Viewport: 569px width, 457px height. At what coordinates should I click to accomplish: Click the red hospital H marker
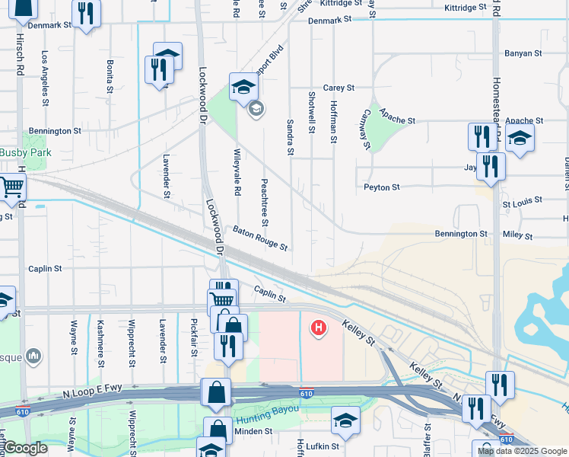[x=319, y=328]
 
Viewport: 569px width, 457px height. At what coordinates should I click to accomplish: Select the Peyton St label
[x=381, y=187]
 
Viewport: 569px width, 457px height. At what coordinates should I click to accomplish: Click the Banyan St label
[x=523, y=54]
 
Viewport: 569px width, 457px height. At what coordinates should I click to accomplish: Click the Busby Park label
[x=24, y=152]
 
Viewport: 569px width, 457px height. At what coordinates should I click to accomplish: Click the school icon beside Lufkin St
[x=345, y=423]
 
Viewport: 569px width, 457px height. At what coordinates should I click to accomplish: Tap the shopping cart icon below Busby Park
[x=11, y=187]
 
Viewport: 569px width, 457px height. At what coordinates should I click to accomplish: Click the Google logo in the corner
[x=26, y=449]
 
